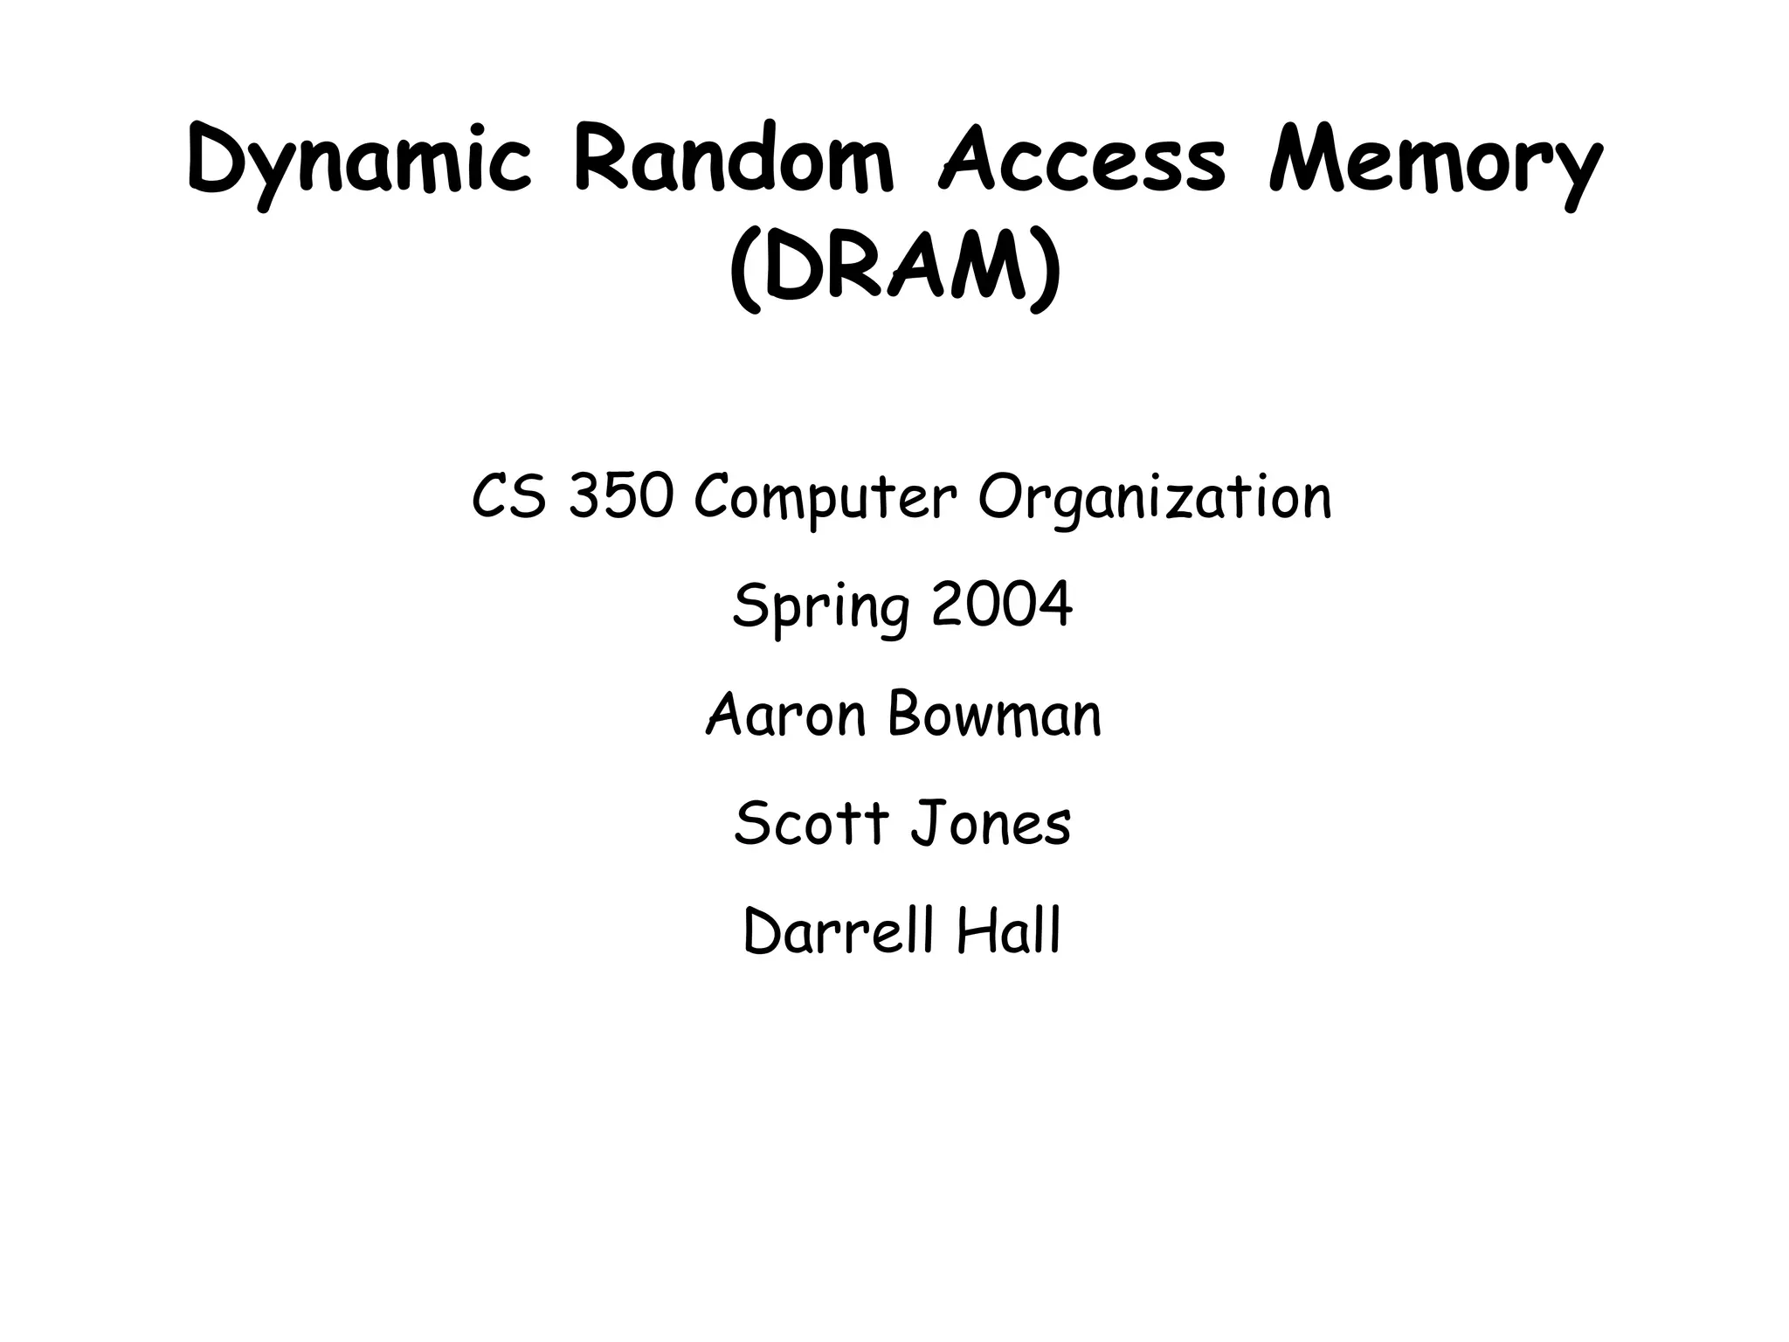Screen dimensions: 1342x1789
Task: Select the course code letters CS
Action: pos(509,497)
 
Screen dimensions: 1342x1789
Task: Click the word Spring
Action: pos(820,607)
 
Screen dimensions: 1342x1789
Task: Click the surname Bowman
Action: pos(994,715)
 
